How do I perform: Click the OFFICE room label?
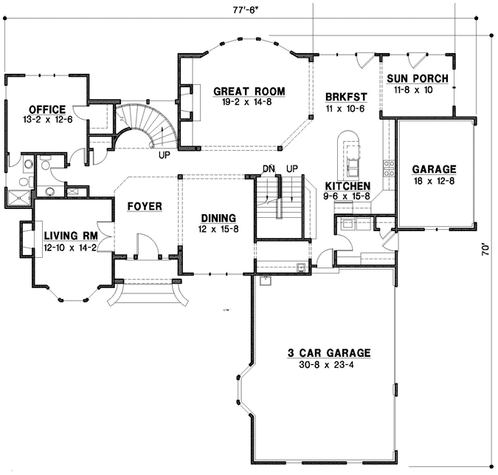[47, 109]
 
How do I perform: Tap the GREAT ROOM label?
[249, 91]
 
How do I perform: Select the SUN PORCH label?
[417, 79]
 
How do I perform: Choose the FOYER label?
[145, 206]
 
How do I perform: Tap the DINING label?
[218, 218]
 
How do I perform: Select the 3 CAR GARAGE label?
[328, 353]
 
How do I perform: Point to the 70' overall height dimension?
[485, 250]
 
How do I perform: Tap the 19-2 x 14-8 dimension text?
[249, 102]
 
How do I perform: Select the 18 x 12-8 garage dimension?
[435, 180]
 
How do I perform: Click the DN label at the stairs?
[269, 169]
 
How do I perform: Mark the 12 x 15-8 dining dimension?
[218, 229]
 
